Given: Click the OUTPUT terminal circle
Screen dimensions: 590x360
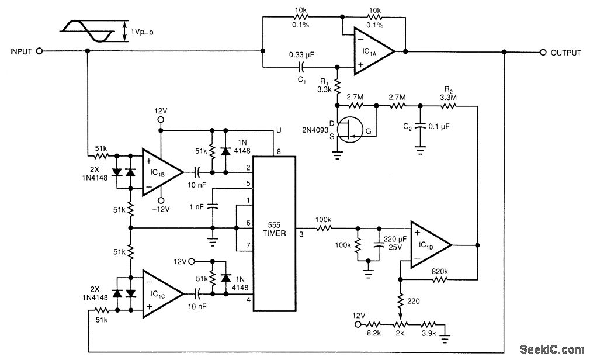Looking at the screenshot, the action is point(543,53).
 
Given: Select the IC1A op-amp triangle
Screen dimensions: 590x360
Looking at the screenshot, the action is point(374,51).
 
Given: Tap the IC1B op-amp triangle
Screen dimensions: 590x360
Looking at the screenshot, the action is point(162,172).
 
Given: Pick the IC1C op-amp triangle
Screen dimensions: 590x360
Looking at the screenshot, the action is point(163,294).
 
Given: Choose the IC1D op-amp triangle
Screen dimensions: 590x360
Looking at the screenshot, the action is point(431,245).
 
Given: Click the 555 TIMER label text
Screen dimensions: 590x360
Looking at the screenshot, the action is point(275,229).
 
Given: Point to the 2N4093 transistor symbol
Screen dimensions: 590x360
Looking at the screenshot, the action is point(350,130).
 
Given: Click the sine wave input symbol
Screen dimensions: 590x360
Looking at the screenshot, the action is point(87,31).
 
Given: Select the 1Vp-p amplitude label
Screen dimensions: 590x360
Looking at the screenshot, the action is point(142,32).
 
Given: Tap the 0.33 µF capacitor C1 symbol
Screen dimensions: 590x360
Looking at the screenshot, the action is point(301,67).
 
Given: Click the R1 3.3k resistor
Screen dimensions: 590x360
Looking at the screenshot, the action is point(337,86).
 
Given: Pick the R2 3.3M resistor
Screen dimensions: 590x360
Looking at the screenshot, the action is point(449,106).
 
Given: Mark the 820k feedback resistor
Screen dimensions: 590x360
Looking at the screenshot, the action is point(439,279).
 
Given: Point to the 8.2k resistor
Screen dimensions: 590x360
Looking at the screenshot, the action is point(374,324).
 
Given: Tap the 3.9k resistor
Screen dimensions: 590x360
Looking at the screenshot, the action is point(429,324).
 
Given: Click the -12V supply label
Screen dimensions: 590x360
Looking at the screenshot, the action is point(161,209).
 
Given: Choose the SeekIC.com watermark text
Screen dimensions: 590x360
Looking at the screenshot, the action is point(552,349).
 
